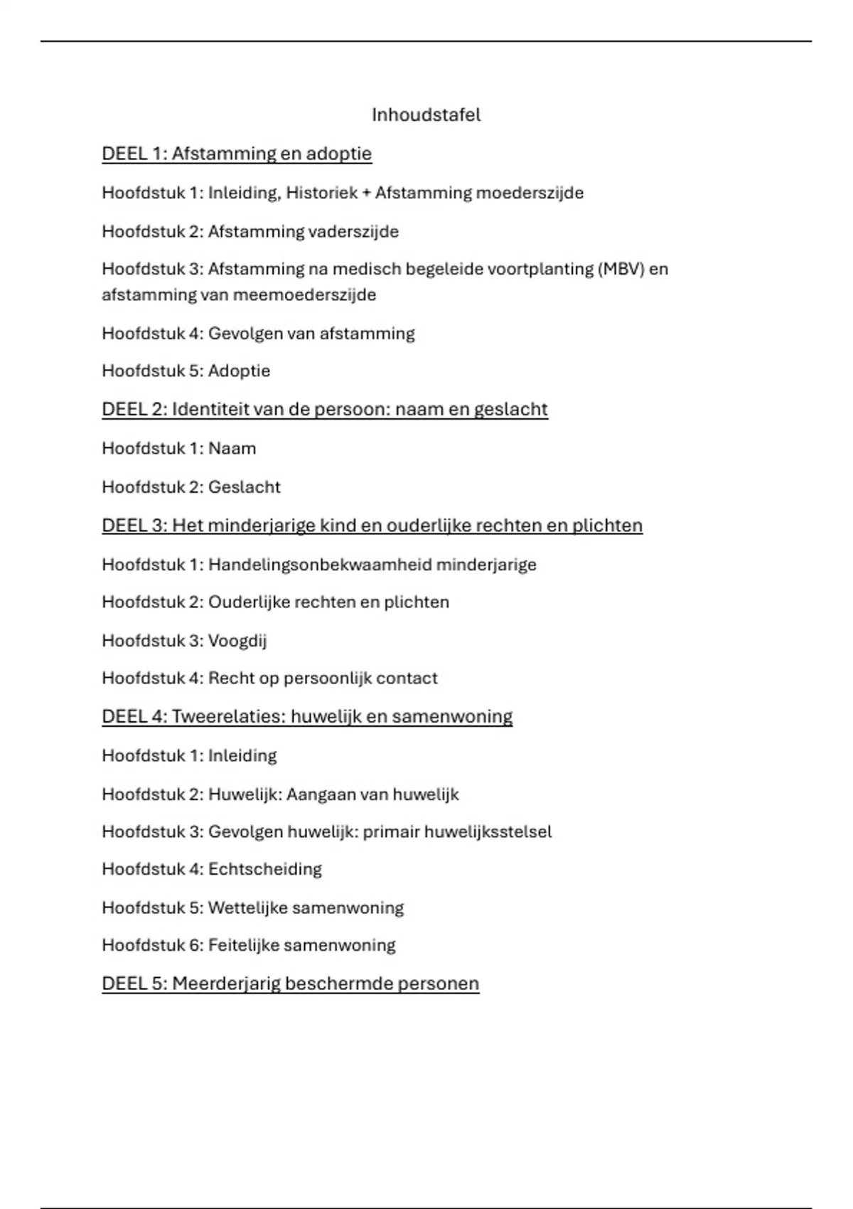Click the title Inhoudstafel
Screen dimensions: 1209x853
pos(426,115)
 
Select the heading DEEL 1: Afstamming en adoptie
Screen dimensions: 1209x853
pos(237,154)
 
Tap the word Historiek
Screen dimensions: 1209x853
pos(321,193)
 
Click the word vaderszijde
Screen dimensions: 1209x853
pos(353,232)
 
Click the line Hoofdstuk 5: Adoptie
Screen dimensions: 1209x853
pos(186,371)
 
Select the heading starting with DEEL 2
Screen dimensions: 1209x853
pos(325,410)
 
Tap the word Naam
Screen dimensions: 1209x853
pos(232,449)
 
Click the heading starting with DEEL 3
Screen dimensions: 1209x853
pos(372,526)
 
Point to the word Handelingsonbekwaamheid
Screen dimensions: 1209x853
pos(319,565)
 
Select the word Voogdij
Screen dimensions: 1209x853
pos(237,641)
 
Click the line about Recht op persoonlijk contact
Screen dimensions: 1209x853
pos(269,678)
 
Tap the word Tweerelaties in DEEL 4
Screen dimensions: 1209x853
pos(228,716)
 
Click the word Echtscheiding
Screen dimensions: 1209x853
pos(264,869)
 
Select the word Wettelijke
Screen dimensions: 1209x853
pos(247,908)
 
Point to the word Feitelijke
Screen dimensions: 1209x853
pos(243,945)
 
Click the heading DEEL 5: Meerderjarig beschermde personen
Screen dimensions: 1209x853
pos(290,984)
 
